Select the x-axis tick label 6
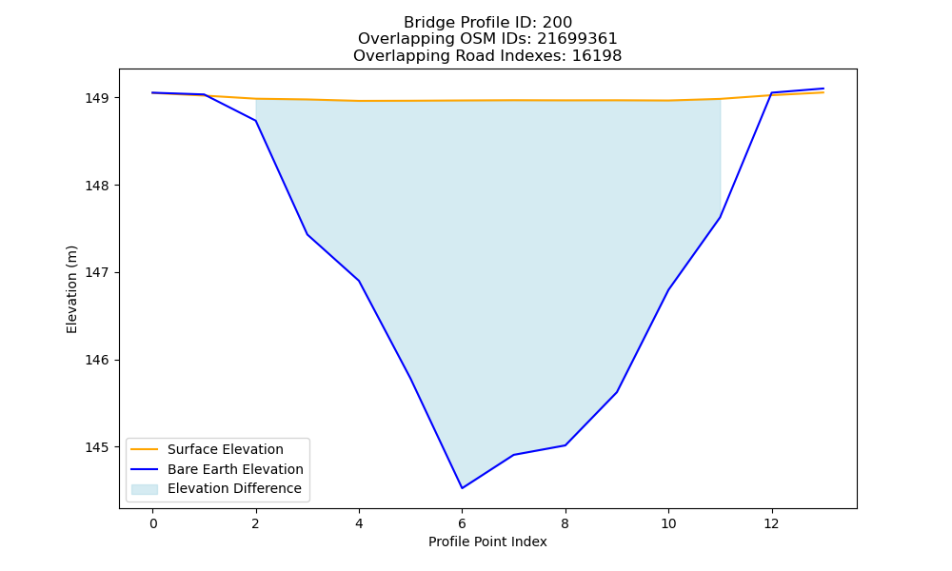coord(462,523)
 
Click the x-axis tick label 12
coord(772,523)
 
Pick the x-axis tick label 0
coord(153,523)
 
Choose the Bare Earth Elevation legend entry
coord(217,469)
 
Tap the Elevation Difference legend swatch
coord(145,489)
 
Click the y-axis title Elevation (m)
coord(71,289)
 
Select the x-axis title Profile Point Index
coord(487,541)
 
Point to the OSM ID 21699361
coord(577,39)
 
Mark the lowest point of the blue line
coord(462,488)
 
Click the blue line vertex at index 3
coord(307,234)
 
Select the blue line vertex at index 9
coord(617,392)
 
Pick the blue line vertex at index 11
coord(720,217)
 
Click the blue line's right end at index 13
coord(823,89)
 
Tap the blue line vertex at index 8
coord(565,445)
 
